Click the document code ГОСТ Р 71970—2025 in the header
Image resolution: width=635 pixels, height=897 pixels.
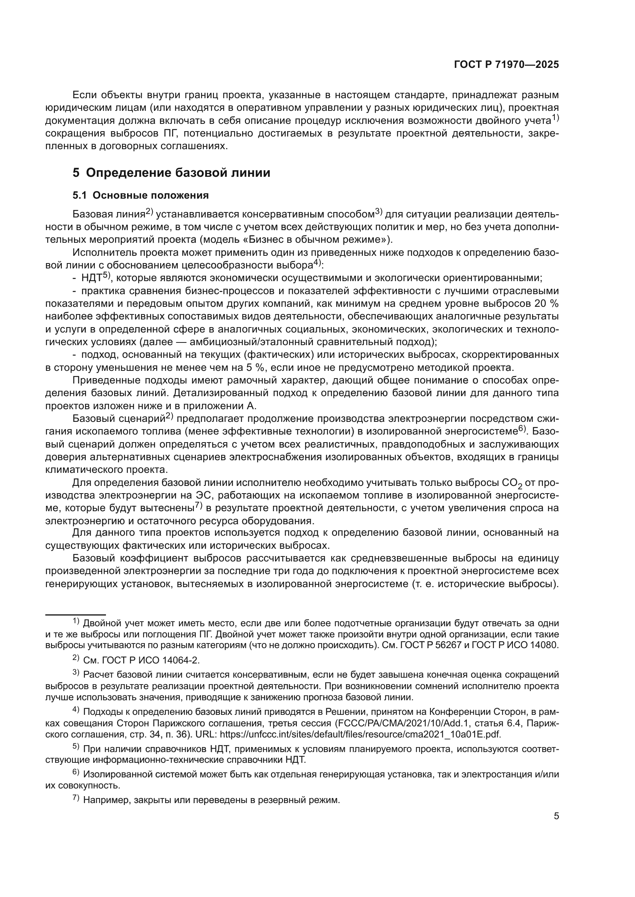[506, 65]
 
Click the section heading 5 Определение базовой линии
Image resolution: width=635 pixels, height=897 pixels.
[171, 173]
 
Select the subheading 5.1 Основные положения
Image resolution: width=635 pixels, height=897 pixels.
[141, 195]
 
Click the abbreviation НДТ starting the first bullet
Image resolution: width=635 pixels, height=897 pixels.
[91, 278]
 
